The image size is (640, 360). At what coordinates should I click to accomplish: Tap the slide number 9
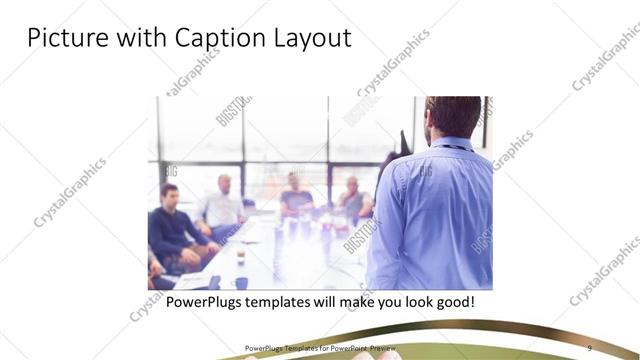[x=589, y=348]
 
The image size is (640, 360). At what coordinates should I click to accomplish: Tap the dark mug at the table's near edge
[x=241, y=282]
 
